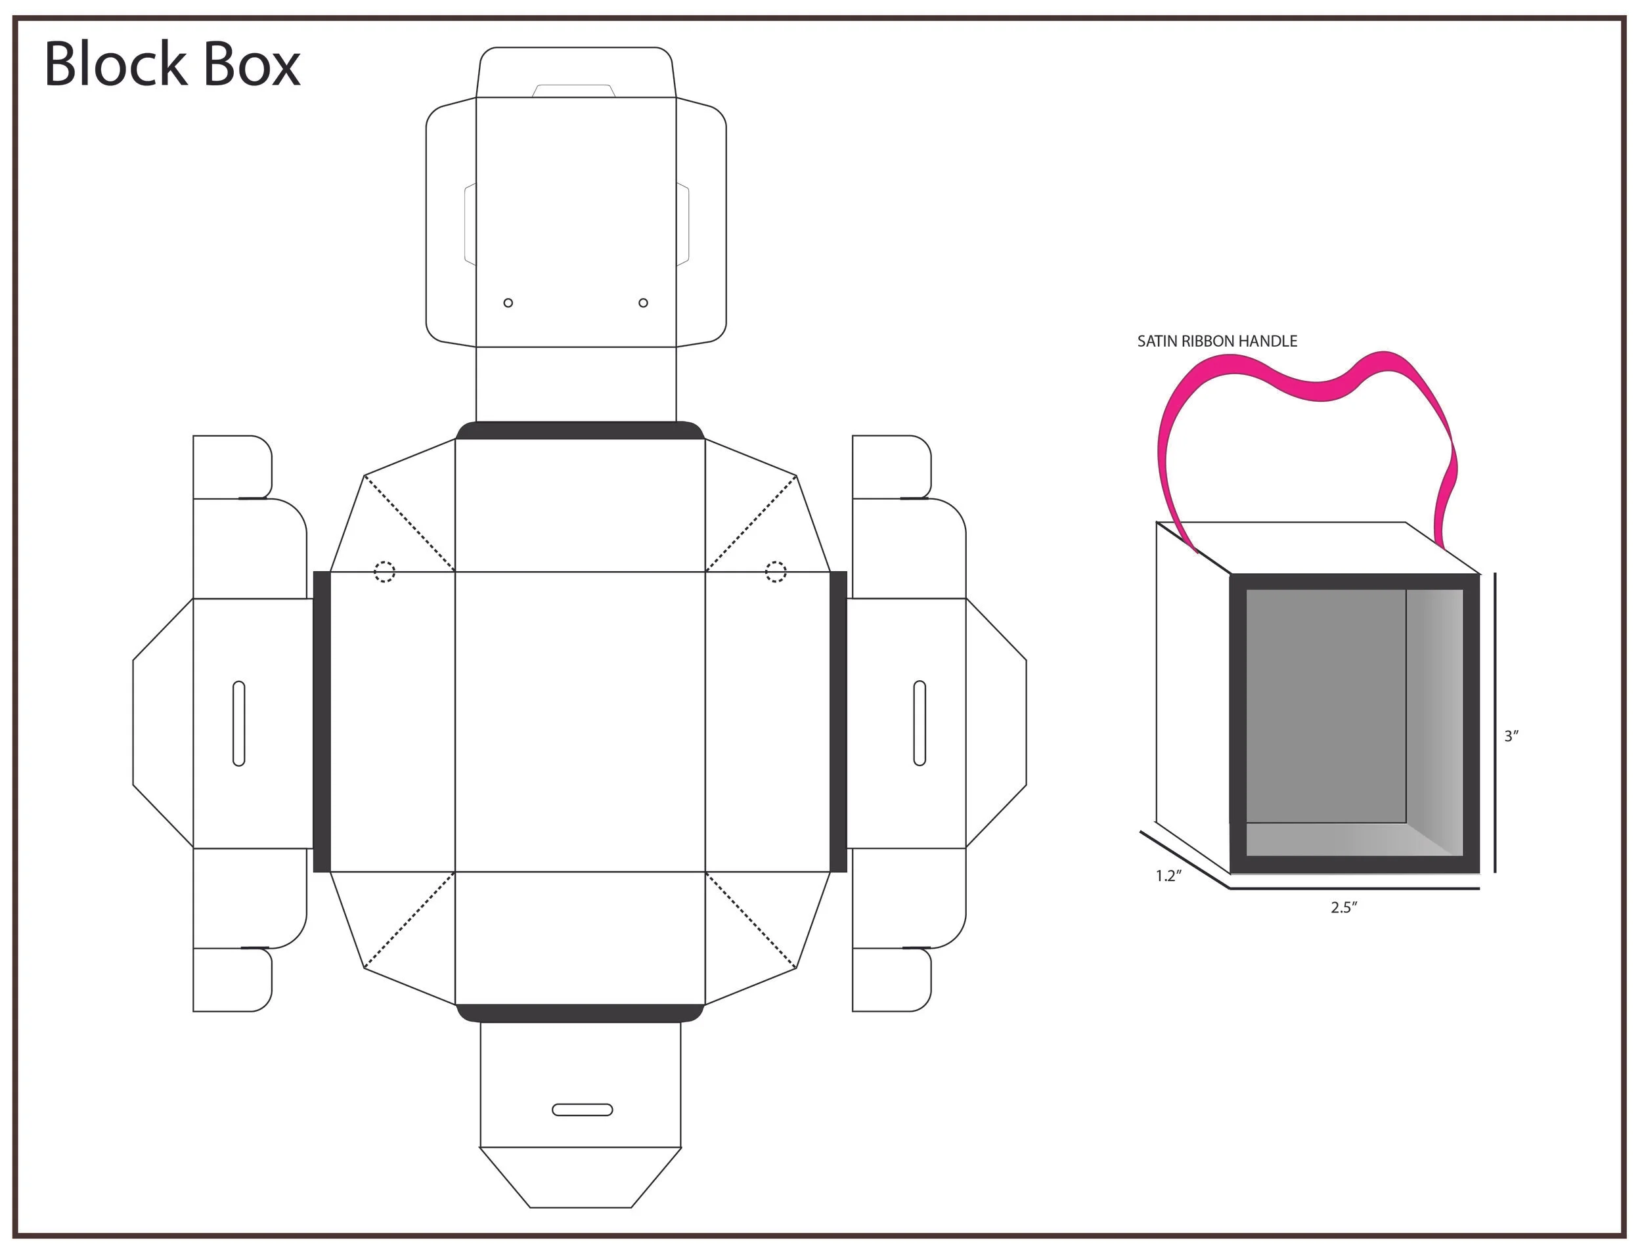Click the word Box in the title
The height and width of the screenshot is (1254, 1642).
click(x=251, y=64)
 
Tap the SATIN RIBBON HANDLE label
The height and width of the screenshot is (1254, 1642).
click(x=1216, y=342)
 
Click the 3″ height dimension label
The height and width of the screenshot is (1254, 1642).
click(x=1511, y=737)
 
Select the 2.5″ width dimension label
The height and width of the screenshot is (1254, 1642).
click(x=1342, y=907)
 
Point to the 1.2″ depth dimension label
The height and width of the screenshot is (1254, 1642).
click(x=1168, y=876)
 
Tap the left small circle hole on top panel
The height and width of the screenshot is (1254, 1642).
click(x=508, y=303)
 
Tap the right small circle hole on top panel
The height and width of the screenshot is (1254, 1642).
click(x=643, y=303)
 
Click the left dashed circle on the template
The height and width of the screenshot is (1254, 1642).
click(x=384, y=573)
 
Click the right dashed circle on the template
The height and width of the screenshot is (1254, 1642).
click(x=775, y=573)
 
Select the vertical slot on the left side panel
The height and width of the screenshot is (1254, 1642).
click(x=239, y=724)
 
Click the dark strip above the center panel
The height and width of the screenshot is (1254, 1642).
click(x=579, y=431)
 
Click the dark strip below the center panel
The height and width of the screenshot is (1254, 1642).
click(x=579, y=1014)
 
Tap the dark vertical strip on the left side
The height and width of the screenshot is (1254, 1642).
click(x=321, y=722)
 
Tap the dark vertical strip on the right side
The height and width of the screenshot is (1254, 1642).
click(x=838, y=722)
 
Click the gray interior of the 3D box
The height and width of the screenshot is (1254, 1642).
click(x=1325, y=705)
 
